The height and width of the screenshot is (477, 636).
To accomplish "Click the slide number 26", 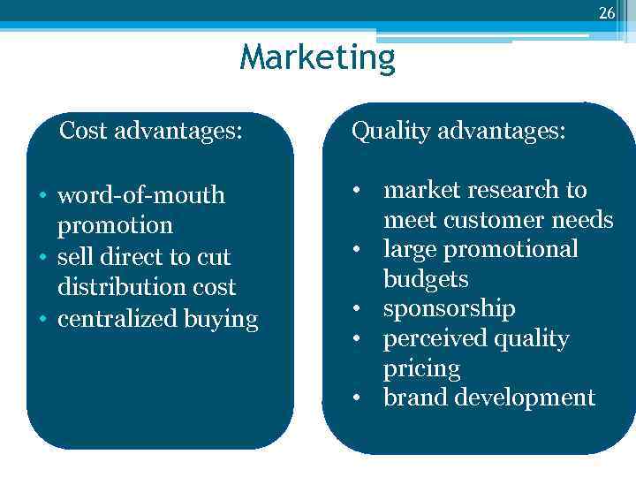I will (x=606, y=12).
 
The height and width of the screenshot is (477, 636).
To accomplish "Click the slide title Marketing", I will (x=318, y=58).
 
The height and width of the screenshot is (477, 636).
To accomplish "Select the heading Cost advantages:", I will (x=151, y=132).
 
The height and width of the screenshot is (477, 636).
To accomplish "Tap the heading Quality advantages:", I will (x=458, y=132).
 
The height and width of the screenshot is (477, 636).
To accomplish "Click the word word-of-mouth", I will (x=141, y=195).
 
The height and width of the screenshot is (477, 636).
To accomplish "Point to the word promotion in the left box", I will (x=115, y=225).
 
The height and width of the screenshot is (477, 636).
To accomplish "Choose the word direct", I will (x=143, y=257).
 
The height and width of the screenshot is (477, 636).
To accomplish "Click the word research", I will (x=515, y=190).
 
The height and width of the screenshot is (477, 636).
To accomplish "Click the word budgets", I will (x=426, y=279).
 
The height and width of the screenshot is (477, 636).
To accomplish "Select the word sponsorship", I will (x=449, y=309).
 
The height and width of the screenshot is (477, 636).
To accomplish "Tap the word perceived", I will (x=432, y=339).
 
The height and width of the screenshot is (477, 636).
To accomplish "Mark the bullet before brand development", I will (x=355, y=397).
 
